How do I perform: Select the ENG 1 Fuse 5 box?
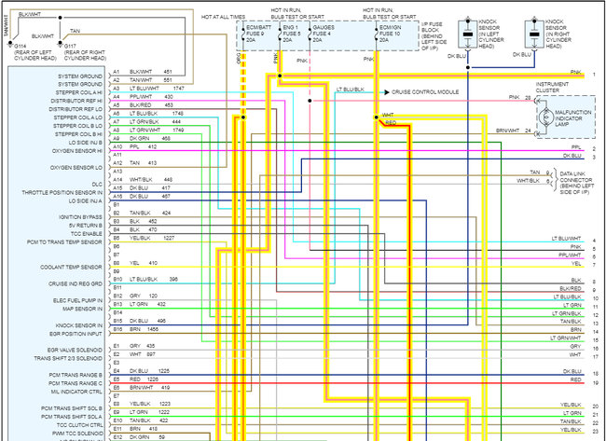pos(291,34)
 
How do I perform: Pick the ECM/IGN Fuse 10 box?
pos(389,34)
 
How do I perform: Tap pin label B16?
pos(117,329)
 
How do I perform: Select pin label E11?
pos(117,428)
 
